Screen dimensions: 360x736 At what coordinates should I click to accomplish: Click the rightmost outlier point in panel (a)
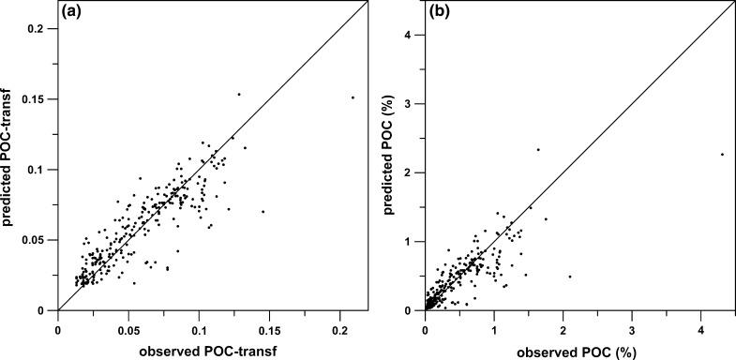coord(353,97)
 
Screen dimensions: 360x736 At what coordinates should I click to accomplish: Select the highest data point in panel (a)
coord(239,94)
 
